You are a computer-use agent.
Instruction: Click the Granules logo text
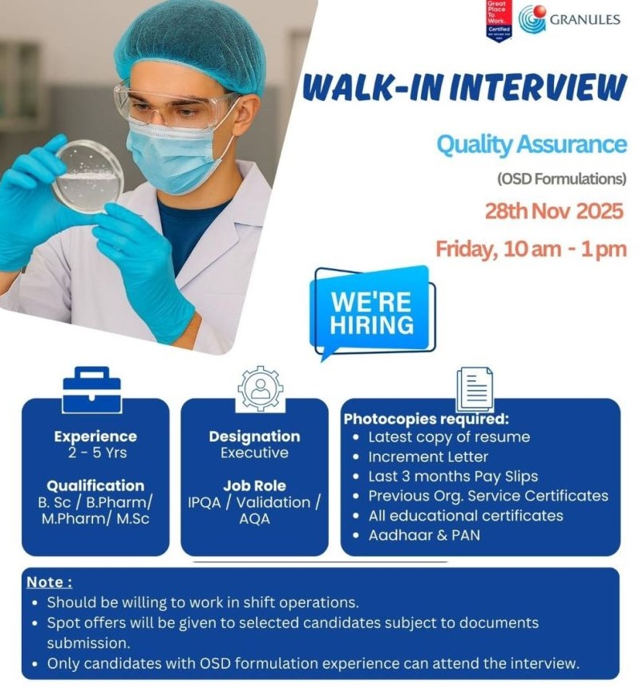click(x=584, y=19)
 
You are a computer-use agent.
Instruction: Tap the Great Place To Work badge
click(x=499, y=19)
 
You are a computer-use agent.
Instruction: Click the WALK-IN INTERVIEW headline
click(x=464, y=87)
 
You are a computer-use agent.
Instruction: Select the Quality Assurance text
click(x=531, y=144)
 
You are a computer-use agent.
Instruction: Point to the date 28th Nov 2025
click(x=553, y=211)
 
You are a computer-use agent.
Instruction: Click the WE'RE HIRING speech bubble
click(x=372, y=312)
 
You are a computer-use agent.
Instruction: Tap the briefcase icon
click(x=91, y=390)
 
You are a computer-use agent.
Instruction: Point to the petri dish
click(x=88, y=177)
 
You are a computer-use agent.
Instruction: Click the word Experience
click(x=95, y=437)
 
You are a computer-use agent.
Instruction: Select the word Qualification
click(x=95, y=485)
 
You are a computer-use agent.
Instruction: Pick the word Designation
click(x=254, y=437)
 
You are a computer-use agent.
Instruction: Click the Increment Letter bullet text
click(x=427, y=457)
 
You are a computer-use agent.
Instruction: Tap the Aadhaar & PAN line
click(x=423, y=534)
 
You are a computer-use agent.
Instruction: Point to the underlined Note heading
click(x=49, y=582)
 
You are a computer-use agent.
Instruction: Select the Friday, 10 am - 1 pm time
click(x=530, y=248)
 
